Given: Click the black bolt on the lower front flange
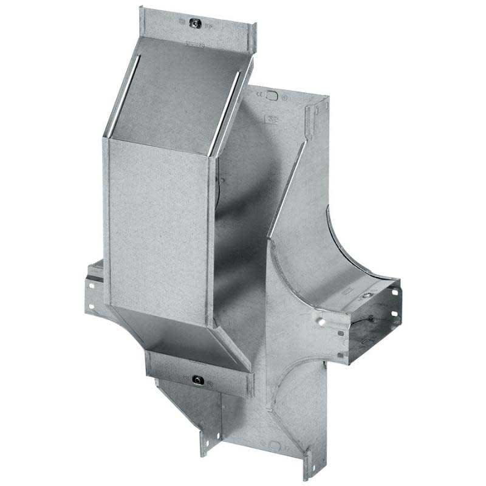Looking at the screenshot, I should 198,381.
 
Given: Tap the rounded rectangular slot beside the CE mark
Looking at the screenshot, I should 273,96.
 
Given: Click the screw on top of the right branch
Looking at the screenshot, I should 366,295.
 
